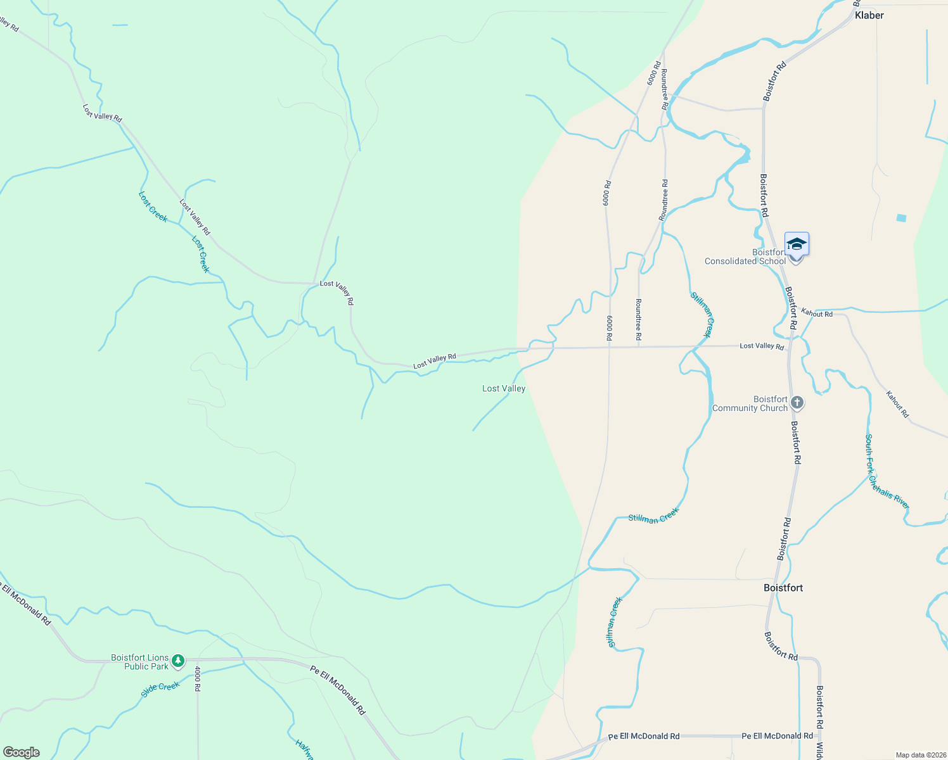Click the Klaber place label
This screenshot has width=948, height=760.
click(869, 15)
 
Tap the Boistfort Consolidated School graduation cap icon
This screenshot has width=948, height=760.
click(797, 244)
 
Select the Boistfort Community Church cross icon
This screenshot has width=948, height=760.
click(797, 403)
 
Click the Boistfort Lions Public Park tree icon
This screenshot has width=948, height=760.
click(179, 661)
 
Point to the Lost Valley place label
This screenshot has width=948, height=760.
click(504, 388)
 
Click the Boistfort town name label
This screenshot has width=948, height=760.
click(783, 588)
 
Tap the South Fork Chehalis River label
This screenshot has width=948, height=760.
click(887, 471)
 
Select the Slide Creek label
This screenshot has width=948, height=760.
click(160, 689)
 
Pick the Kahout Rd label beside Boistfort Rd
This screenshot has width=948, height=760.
click(817, 313)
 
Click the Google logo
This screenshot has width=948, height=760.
click(22, 752)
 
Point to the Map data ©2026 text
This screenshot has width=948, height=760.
click(919, 755)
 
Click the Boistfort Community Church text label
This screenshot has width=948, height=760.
click(750, 404)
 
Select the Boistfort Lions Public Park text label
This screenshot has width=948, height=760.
click(140, 662)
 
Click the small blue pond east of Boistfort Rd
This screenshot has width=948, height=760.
click(901, 218)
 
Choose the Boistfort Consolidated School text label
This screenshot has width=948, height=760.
click(745, 257)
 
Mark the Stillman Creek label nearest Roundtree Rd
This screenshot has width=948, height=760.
click(701, 314)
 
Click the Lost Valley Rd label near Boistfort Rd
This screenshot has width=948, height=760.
click(762, 346)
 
